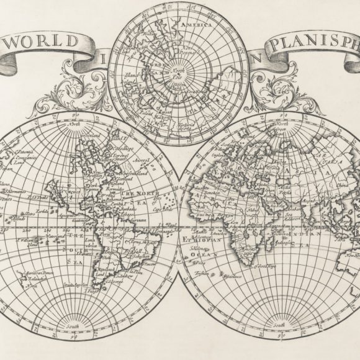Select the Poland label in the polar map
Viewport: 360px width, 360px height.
pos(147,114)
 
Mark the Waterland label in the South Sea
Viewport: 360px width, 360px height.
pos(55,237)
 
